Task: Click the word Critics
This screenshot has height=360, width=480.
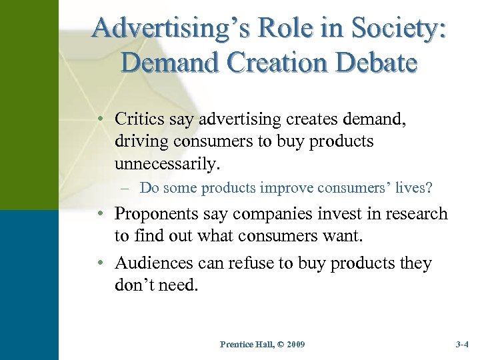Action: (x=139, y=119)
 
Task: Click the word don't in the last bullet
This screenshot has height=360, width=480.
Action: (x=137, y=286)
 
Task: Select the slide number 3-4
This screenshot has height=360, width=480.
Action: (x=462, y=345)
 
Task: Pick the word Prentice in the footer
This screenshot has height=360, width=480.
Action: (x=235, y=345)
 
